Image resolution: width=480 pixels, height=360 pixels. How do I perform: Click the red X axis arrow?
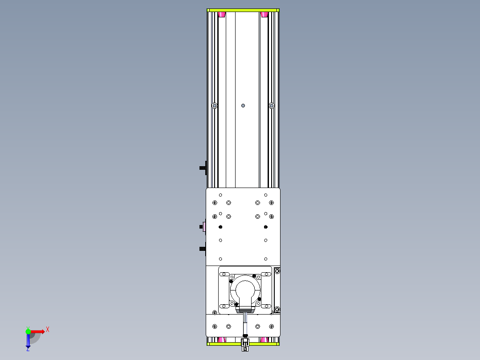(37, 331)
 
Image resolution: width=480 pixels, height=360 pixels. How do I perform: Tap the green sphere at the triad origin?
(28, 331)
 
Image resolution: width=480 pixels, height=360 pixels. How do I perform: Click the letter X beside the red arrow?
(47, 329)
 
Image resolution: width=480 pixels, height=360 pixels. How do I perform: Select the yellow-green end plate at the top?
(243, 10)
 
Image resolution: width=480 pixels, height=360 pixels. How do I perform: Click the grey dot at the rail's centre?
(243, 106)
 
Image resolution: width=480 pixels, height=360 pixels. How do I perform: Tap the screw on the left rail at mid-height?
(215, 106)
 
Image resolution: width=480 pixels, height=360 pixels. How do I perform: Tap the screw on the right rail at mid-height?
(272, 106)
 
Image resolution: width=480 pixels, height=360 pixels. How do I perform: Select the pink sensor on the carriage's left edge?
(204, 227)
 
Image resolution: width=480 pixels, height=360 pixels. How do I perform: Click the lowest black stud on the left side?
(202, 248)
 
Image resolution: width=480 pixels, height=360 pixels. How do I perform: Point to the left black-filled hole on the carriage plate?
(220, 227)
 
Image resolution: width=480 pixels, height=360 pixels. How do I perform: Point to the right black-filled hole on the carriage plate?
(265, 227)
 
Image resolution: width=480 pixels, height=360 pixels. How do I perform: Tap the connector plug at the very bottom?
(244, 344)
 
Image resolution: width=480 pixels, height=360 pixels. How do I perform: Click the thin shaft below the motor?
(245, 323)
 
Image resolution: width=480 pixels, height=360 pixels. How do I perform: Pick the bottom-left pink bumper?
(222, 340)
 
